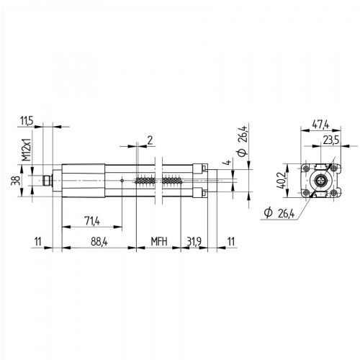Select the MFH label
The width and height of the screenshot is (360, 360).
(x=158, y=242)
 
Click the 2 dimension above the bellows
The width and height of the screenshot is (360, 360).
(x=148, y=138)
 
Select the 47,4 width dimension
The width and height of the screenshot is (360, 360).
(x=322, y=125)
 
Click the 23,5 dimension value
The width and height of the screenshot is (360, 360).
(x=331, y=140)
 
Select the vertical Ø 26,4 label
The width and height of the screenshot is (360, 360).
(x=243, y=142)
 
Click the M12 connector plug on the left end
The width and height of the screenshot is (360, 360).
(x=49, y=180)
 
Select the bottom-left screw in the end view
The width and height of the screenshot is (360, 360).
(x=307, y=194)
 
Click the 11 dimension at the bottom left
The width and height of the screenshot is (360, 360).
(x=37, y=242)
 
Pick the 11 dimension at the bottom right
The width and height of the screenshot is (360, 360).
(x=230, y=242)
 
